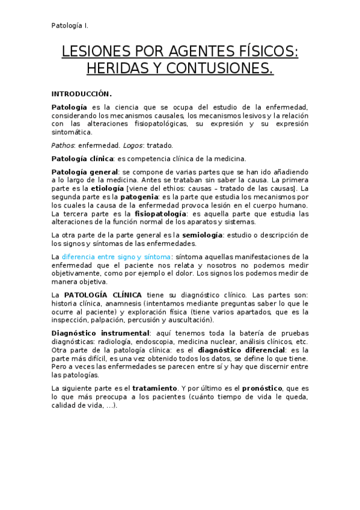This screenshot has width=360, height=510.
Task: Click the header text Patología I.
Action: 70,25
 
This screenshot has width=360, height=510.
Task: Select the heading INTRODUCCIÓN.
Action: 81,94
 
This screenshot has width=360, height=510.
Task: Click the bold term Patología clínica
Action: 82,159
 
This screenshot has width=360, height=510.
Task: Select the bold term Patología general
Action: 85,172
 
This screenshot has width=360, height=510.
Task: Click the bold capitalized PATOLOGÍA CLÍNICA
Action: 103,295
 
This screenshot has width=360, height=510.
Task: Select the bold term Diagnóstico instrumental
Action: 100,333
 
